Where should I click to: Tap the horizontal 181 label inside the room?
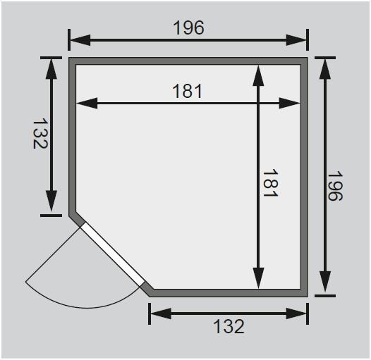(x=188, y=91)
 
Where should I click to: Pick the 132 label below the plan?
(x=228, y=326)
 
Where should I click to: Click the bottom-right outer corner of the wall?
(x=308, y=294)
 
